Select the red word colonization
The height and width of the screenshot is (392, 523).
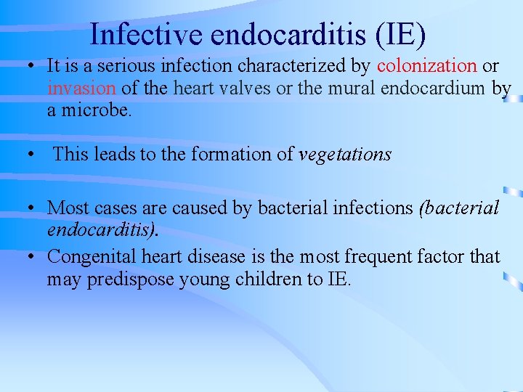[x=427, y=66]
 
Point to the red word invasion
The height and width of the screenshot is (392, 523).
[x=81, y=89]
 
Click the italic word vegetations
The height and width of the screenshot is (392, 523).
[x=345, y=154]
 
